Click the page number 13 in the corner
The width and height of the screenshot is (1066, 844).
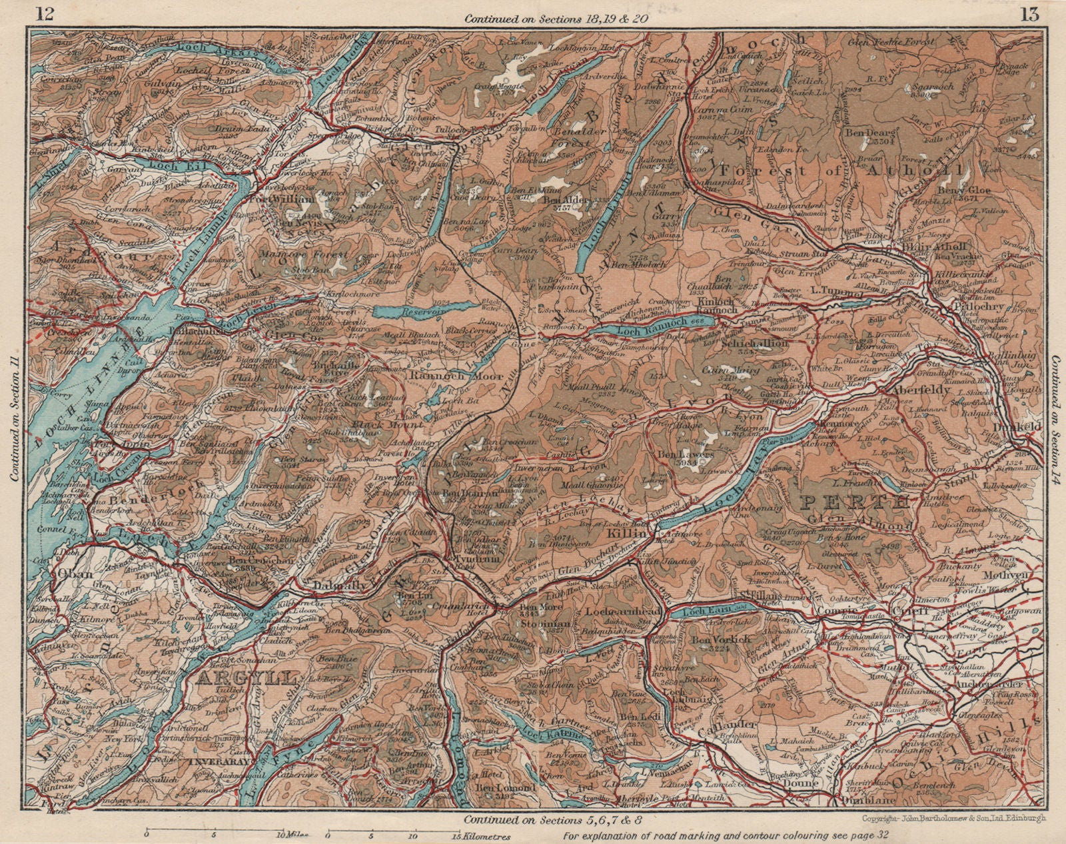(x=1029, y=13)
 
